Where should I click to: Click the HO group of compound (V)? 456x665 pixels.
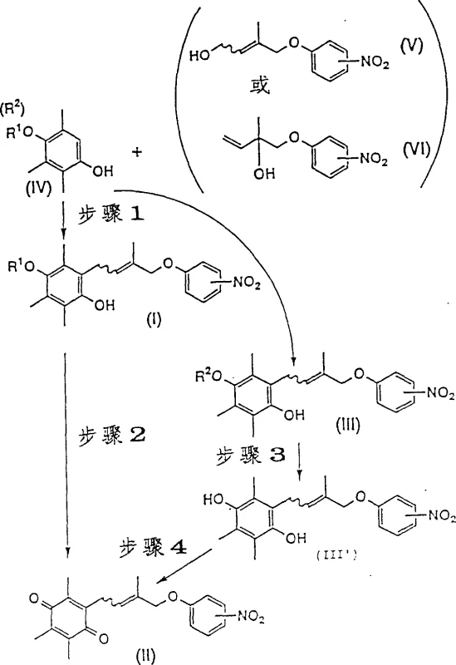pyautogui.click(x=199, y=56)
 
